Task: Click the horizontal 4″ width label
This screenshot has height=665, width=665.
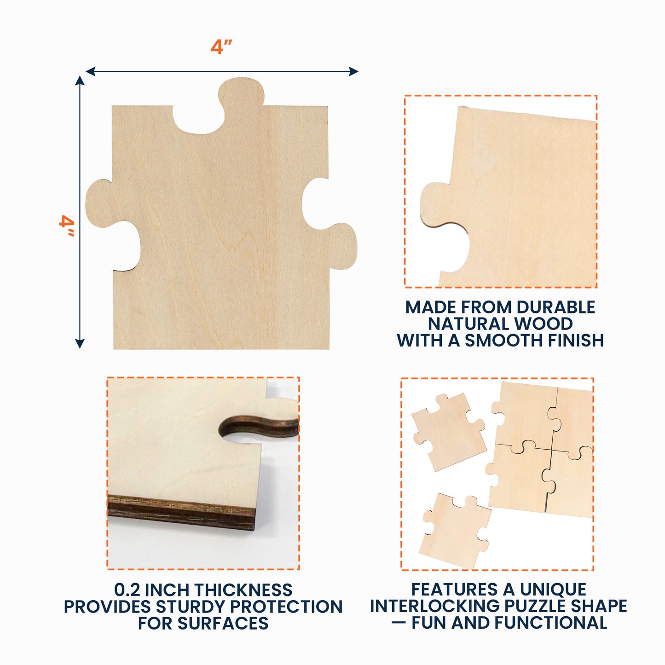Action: click(221, 46)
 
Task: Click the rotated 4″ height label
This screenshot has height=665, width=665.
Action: click(67, 226)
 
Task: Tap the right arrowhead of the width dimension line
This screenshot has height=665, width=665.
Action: click(353, 71)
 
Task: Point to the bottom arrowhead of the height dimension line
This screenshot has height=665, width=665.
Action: click(80, 343)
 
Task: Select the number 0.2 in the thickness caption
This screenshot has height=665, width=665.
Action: click(127, 590)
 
